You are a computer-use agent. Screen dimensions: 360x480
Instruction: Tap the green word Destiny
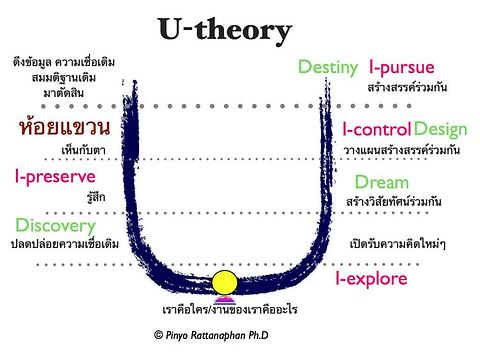pyautogui.click(x=328, y=68)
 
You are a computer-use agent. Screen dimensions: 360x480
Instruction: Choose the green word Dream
pyautogui.click(x=381, y=182)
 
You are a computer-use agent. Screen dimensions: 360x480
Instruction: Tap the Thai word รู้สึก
pyautogui.click(x=94, y=196)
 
